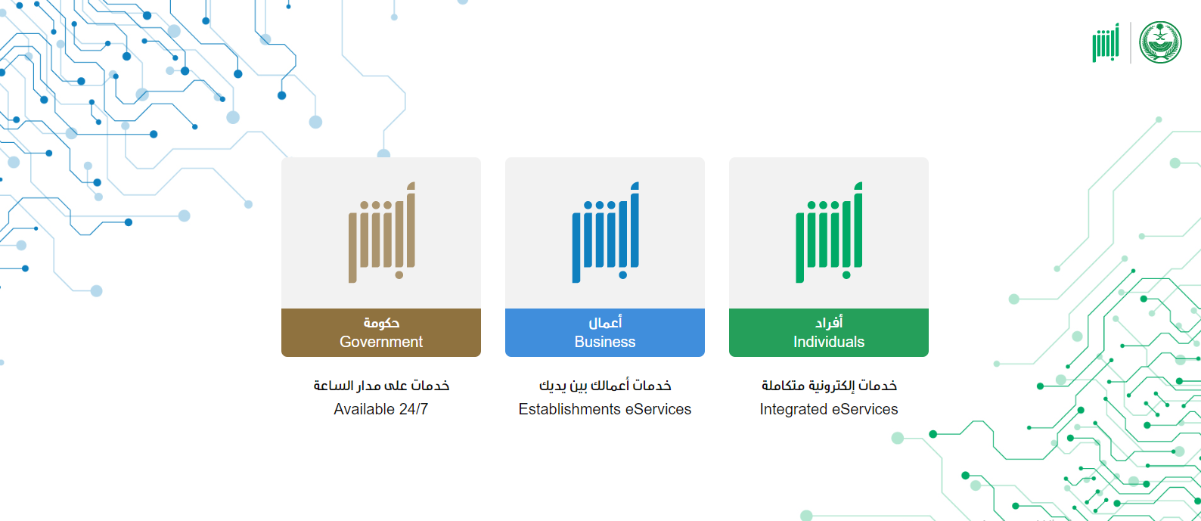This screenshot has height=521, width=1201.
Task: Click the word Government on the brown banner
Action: tap(380, 342)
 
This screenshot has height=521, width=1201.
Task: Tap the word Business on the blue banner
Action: tap(605, 342)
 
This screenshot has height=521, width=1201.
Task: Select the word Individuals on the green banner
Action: tap(829, 342)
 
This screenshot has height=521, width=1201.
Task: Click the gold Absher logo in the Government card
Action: tap(382, 232)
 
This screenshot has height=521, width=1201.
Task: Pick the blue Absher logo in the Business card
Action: tap(605, 232)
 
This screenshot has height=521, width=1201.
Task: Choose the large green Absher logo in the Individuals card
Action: tap(829, 232)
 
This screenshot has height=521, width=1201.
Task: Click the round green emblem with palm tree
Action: tap(1160, 42)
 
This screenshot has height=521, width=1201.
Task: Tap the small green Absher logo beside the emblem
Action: tap(1106, 43)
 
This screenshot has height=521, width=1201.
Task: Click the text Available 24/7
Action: tap(380, 410)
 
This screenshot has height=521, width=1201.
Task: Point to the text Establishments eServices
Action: tap(605, 410)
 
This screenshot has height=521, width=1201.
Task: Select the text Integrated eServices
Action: tap(829, 410)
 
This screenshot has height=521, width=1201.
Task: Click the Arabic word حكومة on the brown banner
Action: tap(381, 323)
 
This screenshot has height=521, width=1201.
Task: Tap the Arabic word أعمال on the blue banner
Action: tap(605, 322)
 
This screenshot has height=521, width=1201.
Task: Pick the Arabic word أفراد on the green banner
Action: tap(829, 322)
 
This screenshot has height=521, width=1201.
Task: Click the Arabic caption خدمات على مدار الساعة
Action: tap(381, 386)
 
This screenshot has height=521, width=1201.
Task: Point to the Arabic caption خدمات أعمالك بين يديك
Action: tap(605, 386)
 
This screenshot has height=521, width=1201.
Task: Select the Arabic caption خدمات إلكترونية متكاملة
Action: tap(829, 386)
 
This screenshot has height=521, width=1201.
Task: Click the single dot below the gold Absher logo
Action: tap(399, 275)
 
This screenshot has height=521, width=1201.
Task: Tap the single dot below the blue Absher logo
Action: tap(622, 275)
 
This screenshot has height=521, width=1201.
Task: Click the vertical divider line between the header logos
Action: tap(1130, 43)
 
